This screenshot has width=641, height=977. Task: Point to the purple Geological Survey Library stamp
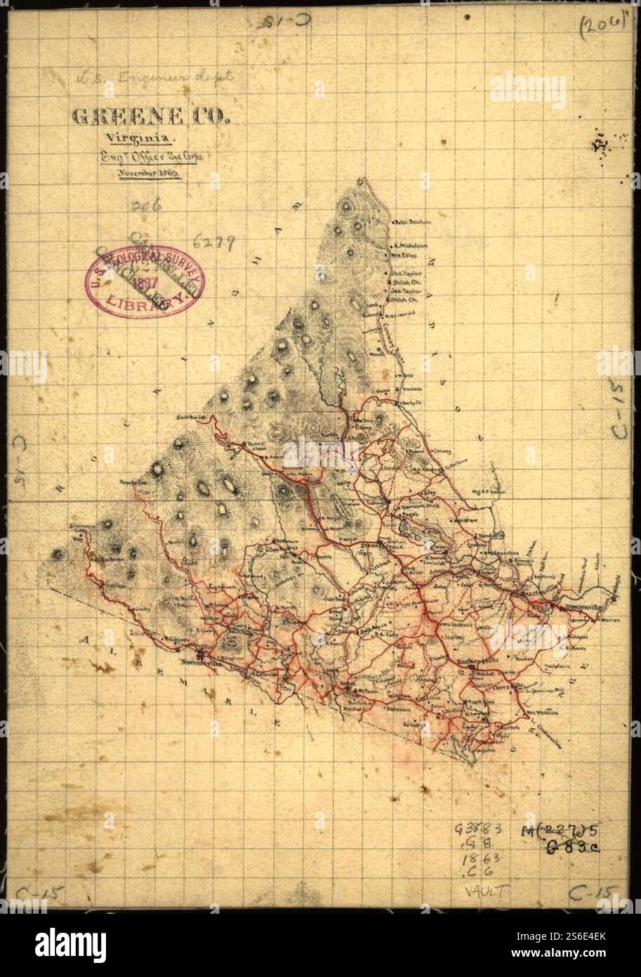pyautogui.click(x=145, y=283)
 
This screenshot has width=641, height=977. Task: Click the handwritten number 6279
pyautogui.click(x=213, y=242)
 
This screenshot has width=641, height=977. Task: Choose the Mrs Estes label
pyautogui.click(x=404, y=256)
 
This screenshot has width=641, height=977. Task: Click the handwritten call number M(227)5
pyautogui.click(x=560, y=832)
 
